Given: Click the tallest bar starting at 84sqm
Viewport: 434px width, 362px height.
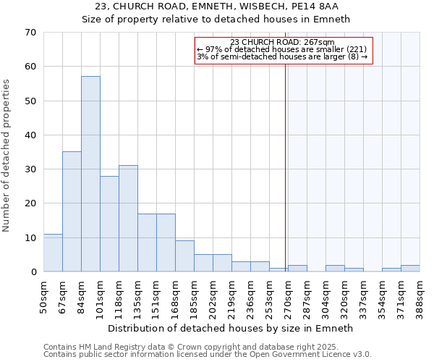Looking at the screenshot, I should point(90,174).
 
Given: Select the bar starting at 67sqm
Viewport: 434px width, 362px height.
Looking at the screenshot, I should point(72,211).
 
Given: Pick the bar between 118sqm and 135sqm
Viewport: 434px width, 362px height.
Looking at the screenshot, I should point(128,219).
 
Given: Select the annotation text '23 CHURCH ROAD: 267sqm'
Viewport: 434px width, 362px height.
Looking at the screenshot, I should point(281,42).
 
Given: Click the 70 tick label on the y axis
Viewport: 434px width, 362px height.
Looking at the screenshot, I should point(30,33).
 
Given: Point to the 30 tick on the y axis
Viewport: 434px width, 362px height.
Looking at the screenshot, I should point(30,169).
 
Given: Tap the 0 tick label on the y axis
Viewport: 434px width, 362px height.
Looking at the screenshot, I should point(33,272).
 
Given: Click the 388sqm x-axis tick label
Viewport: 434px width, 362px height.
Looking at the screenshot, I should point(420,295).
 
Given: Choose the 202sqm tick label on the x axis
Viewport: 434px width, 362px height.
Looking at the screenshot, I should point(213,295).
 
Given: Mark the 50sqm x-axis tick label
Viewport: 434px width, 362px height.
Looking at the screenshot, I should point(44,295).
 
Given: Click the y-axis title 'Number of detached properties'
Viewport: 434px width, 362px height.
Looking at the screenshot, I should point(7,156).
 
